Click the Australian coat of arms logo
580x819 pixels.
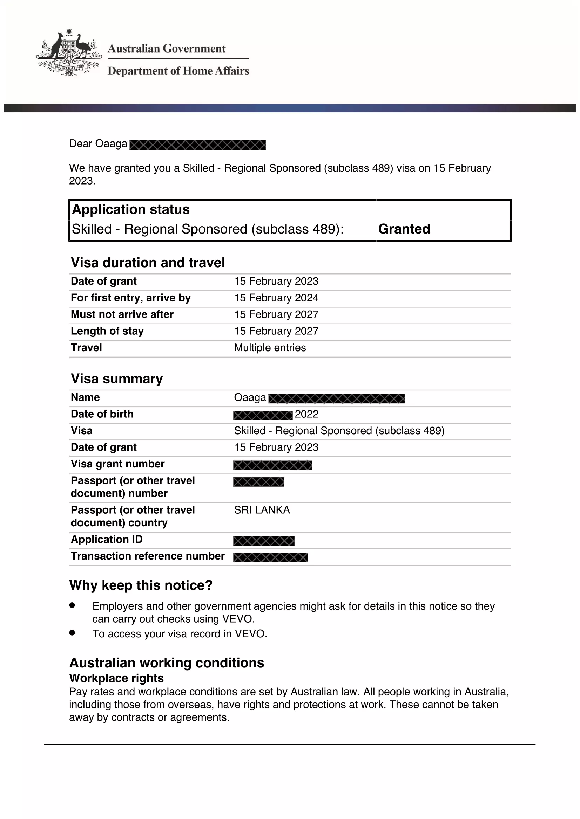(69, 53)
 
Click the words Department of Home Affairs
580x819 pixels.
(178, 71)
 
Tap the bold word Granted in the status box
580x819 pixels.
(404, 229)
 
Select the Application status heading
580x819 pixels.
(131, 209)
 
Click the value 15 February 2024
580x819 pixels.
(276, 298)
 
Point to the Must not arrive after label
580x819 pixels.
(122, 314)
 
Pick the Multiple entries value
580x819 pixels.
(270, 348)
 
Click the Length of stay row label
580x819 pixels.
(107, 331)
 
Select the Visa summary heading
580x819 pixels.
(117, 379)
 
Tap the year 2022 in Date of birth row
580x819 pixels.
(306, 414)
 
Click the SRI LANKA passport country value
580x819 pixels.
(262, 510)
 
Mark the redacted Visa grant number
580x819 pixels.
(272, 465)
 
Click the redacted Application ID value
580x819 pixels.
(264, 541)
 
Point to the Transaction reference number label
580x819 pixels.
(148, 556)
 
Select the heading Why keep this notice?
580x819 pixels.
(141, 585)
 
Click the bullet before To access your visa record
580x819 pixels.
(72, 632)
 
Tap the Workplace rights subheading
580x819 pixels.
(116, 678)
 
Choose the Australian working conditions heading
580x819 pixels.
(167, 663)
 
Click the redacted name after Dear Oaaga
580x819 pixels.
(197, 145)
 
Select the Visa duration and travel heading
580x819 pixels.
(148, 263)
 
